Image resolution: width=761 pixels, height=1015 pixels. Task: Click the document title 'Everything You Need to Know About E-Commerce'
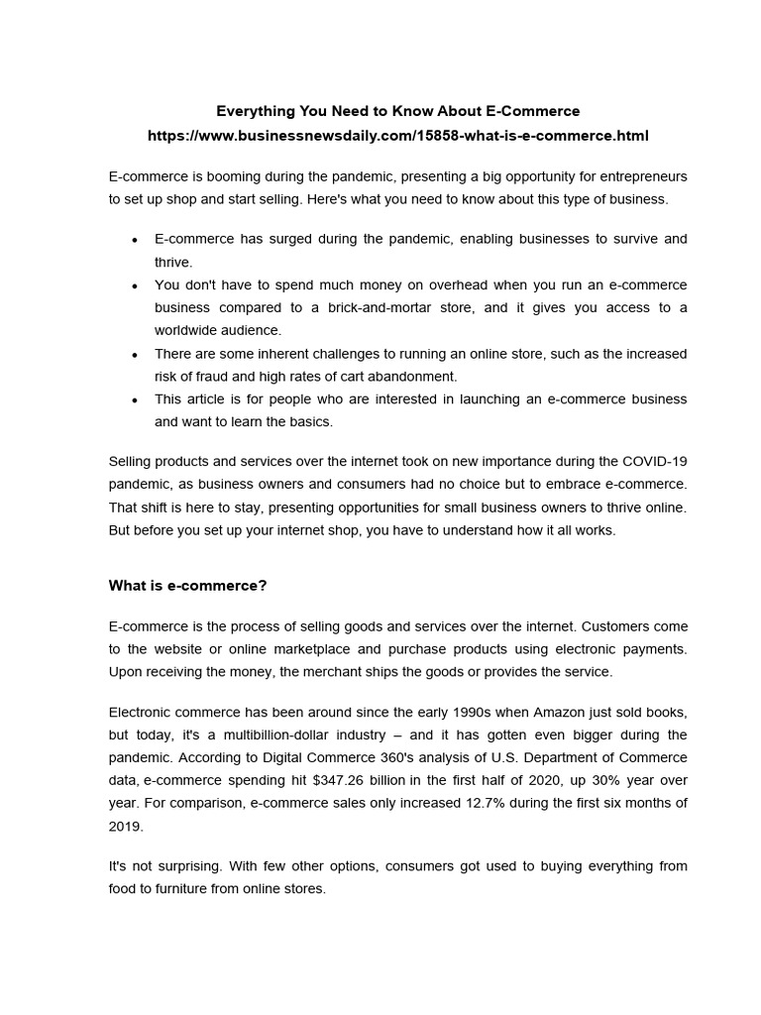[x=397, y=111]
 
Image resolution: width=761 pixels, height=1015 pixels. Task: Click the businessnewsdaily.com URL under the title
[x=397, y=135]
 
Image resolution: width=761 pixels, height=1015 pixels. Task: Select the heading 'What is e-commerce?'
[x=187, y=586]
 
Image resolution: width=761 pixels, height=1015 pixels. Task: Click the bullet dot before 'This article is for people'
[x=134, y=399]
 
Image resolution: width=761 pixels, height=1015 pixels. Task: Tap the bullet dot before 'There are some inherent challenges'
[x=134, y=354]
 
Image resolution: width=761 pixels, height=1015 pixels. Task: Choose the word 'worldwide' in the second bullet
[x=187, y=330]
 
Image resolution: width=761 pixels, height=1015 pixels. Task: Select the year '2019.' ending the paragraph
[x=125, y=826]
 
